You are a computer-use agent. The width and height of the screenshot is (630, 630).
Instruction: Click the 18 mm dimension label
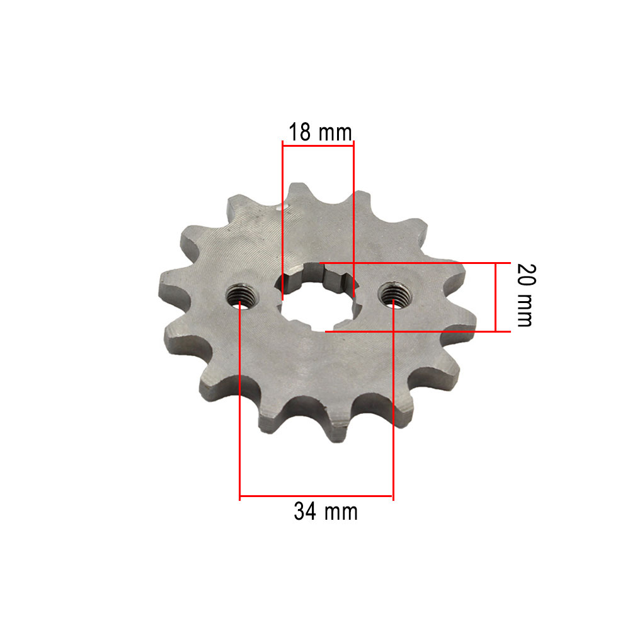[x=320, y=132]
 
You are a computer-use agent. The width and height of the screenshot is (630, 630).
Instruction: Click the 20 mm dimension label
[x=526, y=295]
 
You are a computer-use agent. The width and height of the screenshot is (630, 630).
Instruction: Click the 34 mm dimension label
[x=326, y=512]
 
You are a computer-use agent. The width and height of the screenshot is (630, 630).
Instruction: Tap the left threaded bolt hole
[x=242, y=297]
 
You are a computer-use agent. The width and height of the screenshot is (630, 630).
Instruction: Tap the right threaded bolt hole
[x=395, y=295]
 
